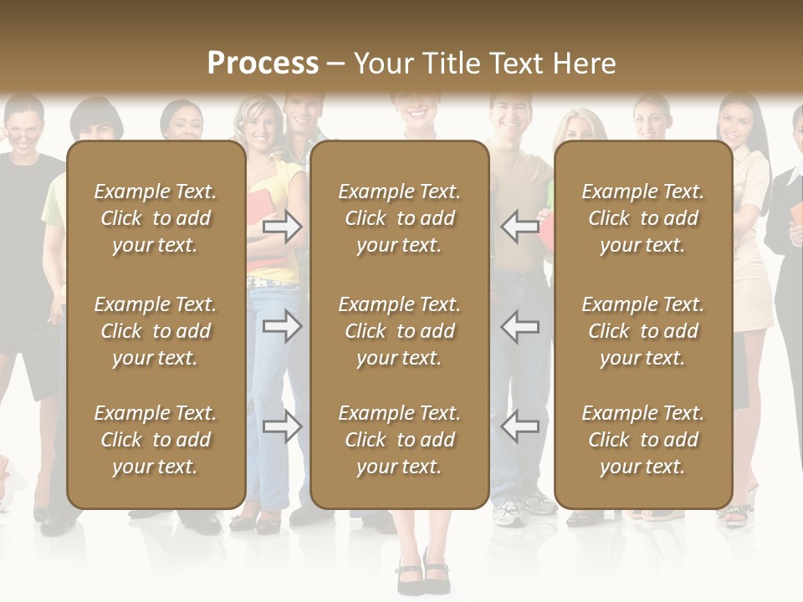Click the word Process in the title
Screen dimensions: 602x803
pos(263,64)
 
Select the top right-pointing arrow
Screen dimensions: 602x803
pos(283,227)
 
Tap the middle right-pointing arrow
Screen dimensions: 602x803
pos(283,326)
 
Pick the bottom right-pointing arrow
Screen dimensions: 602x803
pos(283,427)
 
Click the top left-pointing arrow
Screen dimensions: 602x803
pos(519,227)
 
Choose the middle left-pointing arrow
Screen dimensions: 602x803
pos(519,326)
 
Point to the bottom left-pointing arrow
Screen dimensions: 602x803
pos(519,427)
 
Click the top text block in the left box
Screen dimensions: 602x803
pos(156,218)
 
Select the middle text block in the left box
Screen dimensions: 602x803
pos(156,331)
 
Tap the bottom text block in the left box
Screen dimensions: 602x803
pos(156,440)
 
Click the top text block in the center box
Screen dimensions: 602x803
pos(399,218)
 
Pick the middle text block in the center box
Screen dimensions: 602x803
pos(399,331)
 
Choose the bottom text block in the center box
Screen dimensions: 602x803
pos(399,440)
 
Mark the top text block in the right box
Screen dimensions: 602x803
pos(642,218)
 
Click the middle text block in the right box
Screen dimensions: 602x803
pos(642,331)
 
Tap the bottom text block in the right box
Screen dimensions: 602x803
pos(642,440)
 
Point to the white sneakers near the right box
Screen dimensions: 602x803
pos(523,509)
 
